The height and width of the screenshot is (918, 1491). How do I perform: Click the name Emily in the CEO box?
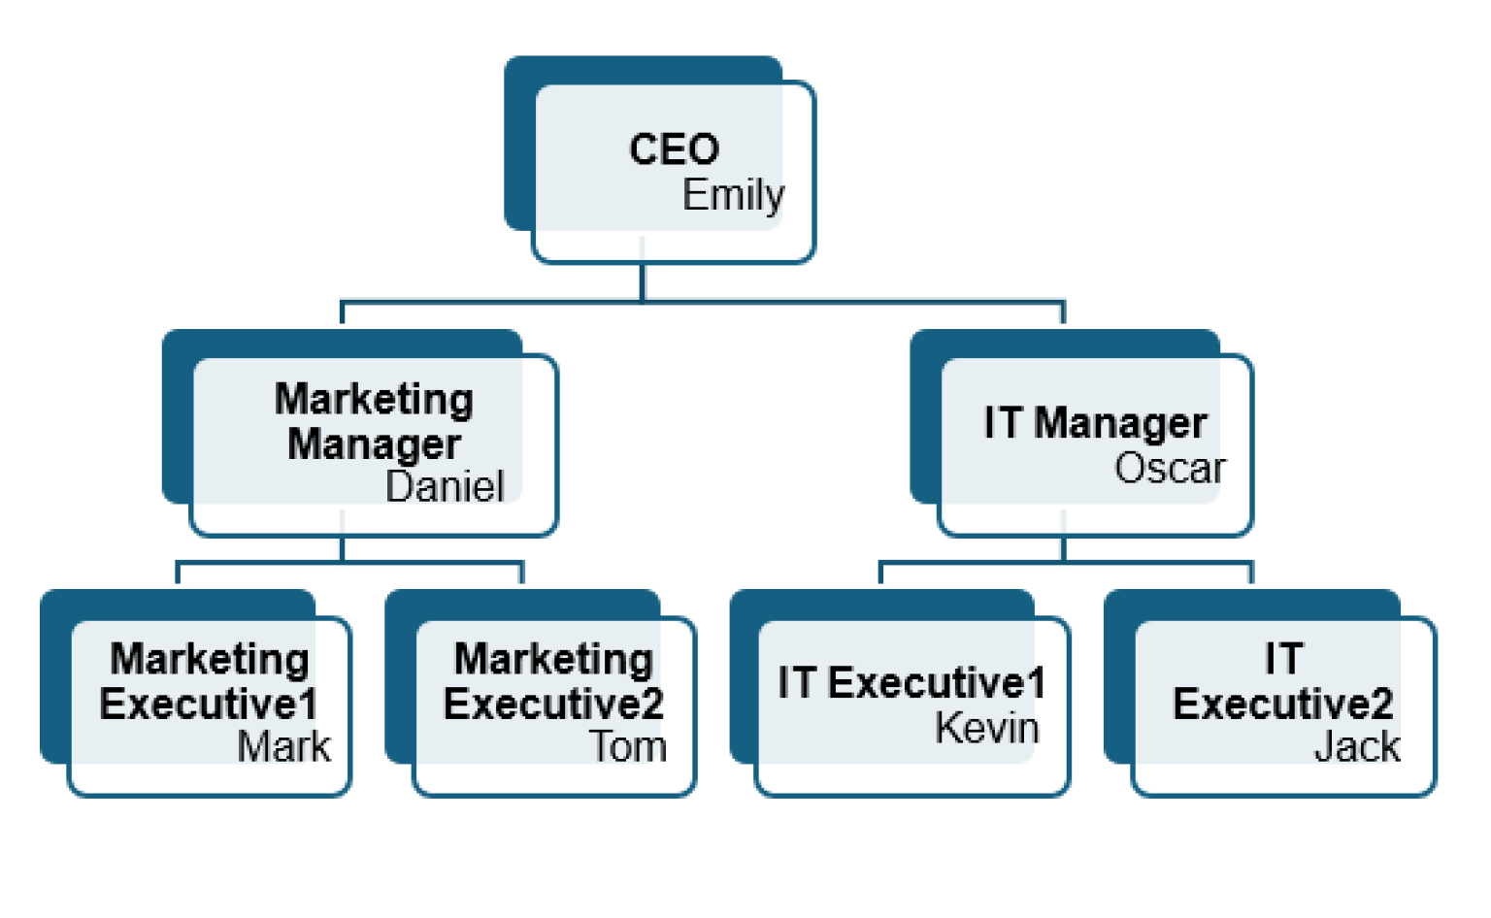[733, 195]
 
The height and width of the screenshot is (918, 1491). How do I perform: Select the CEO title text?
[674, 149]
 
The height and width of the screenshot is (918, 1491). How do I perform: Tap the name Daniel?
[445, 486]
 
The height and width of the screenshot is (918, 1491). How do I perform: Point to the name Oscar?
[1170, 469]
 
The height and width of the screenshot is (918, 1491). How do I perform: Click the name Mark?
[283, 747]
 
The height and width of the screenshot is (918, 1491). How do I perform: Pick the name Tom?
[628, 747]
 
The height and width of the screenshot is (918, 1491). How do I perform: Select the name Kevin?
[986, 728]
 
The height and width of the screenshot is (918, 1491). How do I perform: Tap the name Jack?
[1357, 747]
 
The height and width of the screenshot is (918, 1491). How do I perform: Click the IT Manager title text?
[1095, 423]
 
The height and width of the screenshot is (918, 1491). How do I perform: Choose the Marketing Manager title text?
[375, 421]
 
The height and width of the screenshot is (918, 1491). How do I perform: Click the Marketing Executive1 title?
[209, 681]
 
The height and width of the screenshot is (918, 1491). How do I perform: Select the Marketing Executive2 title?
[553, 681]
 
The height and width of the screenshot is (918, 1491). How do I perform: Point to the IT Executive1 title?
[911, 683]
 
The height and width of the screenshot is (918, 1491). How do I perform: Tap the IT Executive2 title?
[1282, 681]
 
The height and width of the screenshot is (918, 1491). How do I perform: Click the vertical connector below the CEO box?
[643, 281]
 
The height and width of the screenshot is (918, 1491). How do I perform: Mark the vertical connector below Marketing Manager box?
[343, 548]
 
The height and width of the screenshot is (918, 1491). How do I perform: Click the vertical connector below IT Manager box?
[1064, 548]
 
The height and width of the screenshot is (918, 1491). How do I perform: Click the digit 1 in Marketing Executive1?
[308, 705]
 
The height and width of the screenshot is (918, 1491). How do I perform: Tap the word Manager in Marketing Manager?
[375, 444]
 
